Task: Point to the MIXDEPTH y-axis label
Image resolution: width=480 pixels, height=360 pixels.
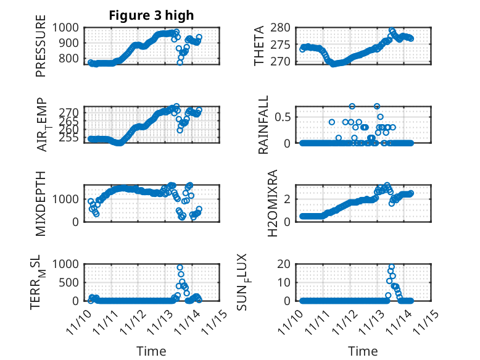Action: pos(41,203)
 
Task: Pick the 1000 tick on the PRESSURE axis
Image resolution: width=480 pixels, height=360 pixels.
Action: pos(67,27)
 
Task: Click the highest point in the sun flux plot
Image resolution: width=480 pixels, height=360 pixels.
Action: pos(392,267)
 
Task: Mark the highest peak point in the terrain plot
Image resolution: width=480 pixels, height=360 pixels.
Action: pos(180,267)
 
